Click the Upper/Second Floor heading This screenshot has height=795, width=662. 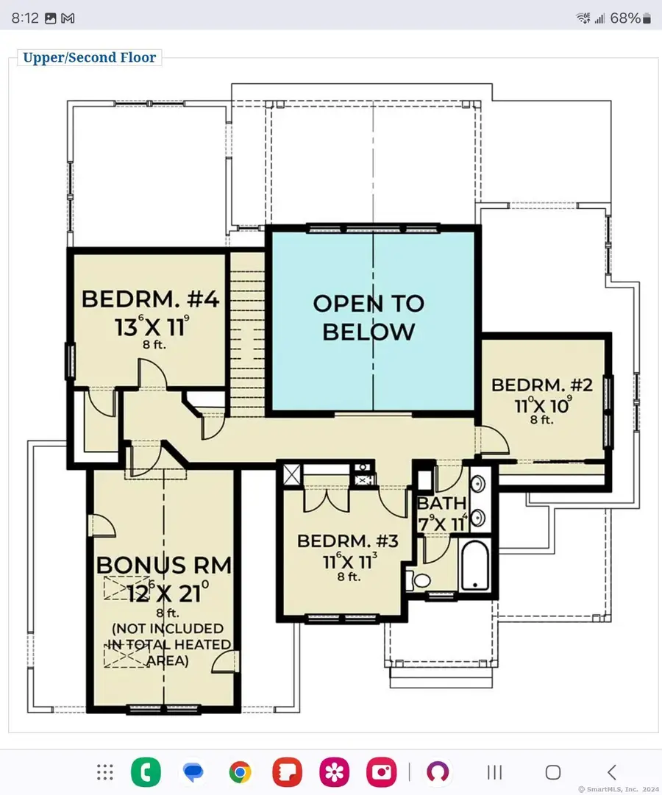(89, 57)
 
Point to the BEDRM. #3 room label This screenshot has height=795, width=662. (347, 542)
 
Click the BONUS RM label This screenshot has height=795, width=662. (164, 565)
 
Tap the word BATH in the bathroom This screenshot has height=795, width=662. (441, 504)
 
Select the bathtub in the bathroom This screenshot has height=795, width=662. (476, 565)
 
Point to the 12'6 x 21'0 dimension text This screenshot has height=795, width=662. (164, 592)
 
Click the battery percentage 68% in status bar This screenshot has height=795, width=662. (624, 18)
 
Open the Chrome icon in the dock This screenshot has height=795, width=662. (240, 772)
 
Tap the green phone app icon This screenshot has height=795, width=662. (146, 772)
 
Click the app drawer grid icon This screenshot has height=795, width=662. (105, 772)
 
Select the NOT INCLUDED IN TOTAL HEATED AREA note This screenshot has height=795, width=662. (167, 644)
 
